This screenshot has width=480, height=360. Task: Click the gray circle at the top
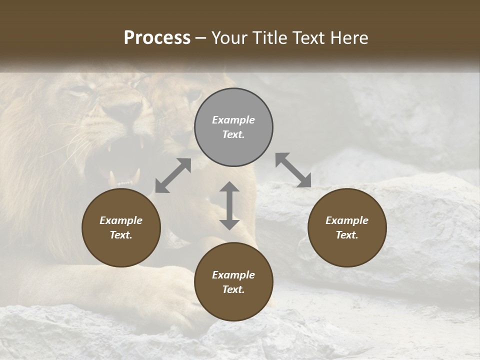[233, 127]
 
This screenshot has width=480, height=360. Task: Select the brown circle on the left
[121, 228]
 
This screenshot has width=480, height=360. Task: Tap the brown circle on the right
[347, 228]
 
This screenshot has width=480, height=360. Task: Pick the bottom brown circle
[233, 282]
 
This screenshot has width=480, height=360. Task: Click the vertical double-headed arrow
[229, 205]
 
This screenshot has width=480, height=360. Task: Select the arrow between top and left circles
[173, 175]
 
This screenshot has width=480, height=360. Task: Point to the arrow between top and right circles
[293, 170]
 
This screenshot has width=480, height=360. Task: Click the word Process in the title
[157, 38]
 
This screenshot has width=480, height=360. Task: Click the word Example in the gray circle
[233, 120]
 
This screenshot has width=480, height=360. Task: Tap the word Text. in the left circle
[121, 235]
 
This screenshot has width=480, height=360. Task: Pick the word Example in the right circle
[347, 220]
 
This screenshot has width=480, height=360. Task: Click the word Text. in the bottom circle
[233, 289]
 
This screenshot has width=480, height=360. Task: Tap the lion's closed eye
[78, 92]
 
